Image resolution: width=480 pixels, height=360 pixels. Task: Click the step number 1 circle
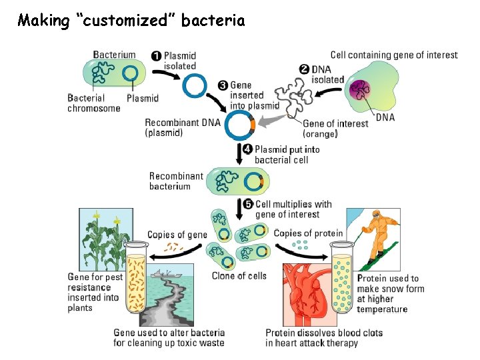tap(156, 56)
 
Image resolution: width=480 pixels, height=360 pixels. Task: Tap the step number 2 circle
tap(304, 69)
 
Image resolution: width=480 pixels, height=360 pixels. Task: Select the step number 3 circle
tap(223, 85)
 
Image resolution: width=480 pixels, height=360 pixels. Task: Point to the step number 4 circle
tap(247, 149)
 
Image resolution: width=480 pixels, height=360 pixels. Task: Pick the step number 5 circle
tap(247, 205)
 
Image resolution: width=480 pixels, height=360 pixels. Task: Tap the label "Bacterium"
tap(114, 55)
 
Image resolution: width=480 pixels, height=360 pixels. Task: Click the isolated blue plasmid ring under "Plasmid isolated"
tap(195, 85)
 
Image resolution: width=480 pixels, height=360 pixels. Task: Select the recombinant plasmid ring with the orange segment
tap(240, 125)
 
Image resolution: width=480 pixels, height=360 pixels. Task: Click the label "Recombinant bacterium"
tap(176, 181)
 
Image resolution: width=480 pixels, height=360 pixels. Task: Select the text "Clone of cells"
tap(239, 275)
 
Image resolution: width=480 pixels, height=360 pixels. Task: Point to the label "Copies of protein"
tap(308, 233)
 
